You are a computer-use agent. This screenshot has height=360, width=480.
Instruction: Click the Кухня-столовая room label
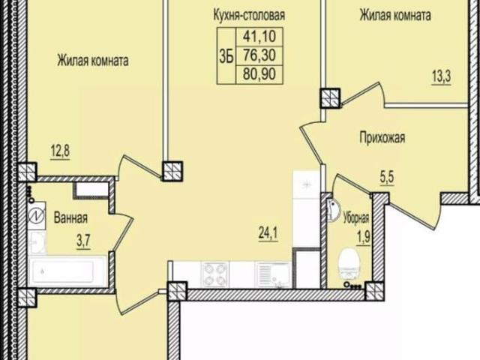click(249, 15)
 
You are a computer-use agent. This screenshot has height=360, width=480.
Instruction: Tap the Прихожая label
click(382, 138)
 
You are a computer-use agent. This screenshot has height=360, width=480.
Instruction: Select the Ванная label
click(70, 218)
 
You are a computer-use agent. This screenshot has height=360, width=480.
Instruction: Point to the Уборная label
click(356, 218)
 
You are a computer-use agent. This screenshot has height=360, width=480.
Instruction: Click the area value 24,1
click(268, 234)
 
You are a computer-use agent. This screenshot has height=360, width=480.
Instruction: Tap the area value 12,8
click(60, 151)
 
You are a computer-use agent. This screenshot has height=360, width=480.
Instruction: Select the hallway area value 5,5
click(387, 178)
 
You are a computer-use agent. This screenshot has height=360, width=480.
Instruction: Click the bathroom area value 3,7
click(83, 242)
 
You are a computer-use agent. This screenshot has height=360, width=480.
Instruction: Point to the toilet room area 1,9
click(363, 238)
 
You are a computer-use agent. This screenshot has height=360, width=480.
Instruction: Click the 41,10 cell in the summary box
click(259, 37)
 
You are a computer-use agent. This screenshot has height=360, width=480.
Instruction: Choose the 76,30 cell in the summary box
click(259, 55)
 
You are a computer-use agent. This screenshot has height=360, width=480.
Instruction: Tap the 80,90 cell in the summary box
click(259, 74)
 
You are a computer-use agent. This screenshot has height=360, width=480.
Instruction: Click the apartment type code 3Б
click(226, 56)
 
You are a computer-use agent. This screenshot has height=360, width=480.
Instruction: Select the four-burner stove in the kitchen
click(215, 274)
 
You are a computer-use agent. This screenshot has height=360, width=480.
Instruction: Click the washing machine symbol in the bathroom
click(37, 216)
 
